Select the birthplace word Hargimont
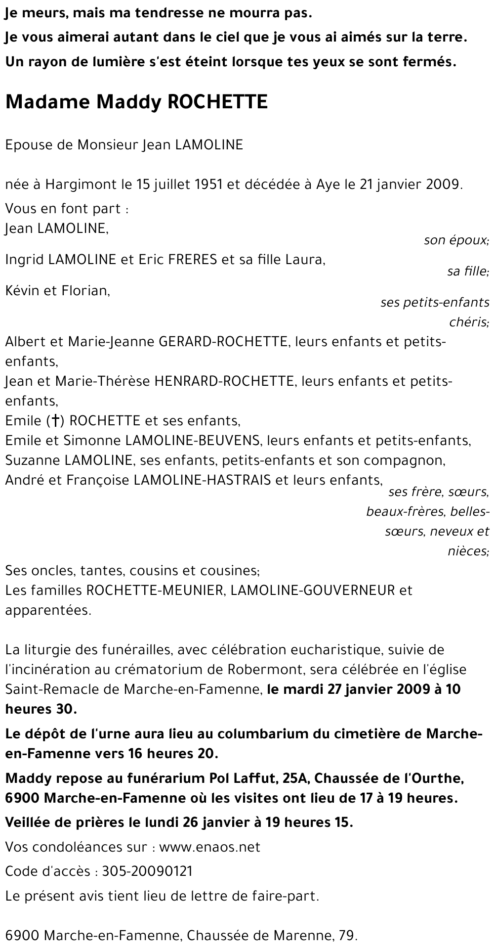pyautogui.click(x=82, y=185)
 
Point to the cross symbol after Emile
pyautogui.click(x=56, y=421)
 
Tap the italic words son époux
pyautogui.click(x=456, y=241)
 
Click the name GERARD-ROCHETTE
pyautogui.click(x=223, y=342)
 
